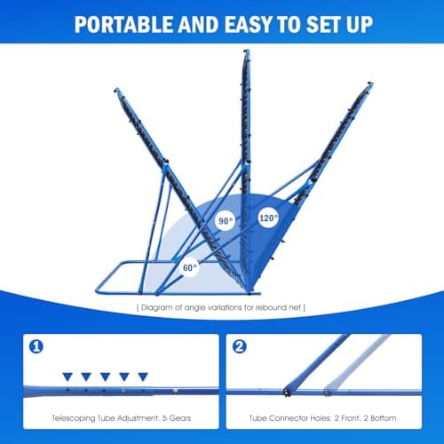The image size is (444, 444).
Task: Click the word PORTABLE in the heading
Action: coord(123,24)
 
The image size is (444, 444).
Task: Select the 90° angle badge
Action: coord(226,221)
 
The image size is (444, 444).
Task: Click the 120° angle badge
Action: coord(268,218)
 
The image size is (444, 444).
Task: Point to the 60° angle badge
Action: coord(189,267)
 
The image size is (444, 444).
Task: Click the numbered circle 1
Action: coord(36,346)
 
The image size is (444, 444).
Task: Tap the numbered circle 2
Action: coord(240,346)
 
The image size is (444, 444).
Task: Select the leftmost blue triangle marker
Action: coord(67,377)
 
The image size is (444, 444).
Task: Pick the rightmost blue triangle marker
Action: coord(143,377)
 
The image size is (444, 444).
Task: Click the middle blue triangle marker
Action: coord(106,377)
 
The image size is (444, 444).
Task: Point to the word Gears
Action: coord(180,418)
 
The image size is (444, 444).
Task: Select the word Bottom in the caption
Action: coord(384,418)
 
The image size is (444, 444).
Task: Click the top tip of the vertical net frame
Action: coord(247,51)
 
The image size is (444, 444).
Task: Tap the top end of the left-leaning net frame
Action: coord(116,90)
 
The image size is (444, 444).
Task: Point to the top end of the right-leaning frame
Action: coord(370,83)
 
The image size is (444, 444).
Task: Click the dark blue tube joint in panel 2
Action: coord(287,392)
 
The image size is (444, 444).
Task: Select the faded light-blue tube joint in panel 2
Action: coord(327,392)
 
